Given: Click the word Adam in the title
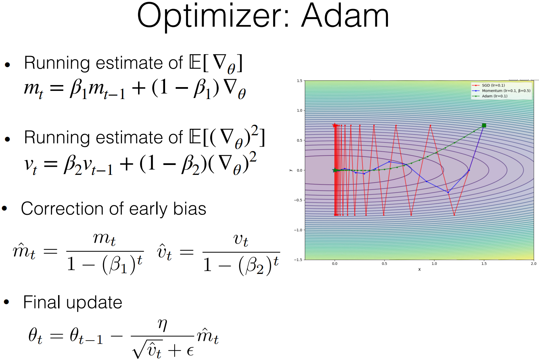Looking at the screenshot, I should [x=345, y=16].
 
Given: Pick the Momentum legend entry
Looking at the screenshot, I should [x=506, y=91].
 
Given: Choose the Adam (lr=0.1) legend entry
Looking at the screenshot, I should [x=494, y=96].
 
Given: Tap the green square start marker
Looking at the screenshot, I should [x=484, y=126].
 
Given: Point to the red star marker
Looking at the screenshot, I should [x=335, y=125].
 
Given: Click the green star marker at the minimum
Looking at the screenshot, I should [x=335, y=170].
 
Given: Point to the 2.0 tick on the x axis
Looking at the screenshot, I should [x=534, y=264].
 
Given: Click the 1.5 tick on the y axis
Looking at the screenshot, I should [x=299, y=81].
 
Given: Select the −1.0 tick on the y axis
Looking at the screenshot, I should [x=298, y=230].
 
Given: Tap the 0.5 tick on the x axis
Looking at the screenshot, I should [x=385, y=264].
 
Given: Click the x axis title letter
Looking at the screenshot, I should [x=419, y=269].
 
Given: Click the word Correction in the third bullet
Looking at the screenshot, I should [x=62, y=209].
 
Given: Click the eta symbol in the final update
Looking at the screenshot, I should [x=163, y=325].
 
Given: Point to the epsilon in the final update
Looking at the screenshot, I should [x=190, y=351].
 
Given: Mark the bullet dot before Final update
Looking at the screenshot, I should [x=6, y=302].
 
